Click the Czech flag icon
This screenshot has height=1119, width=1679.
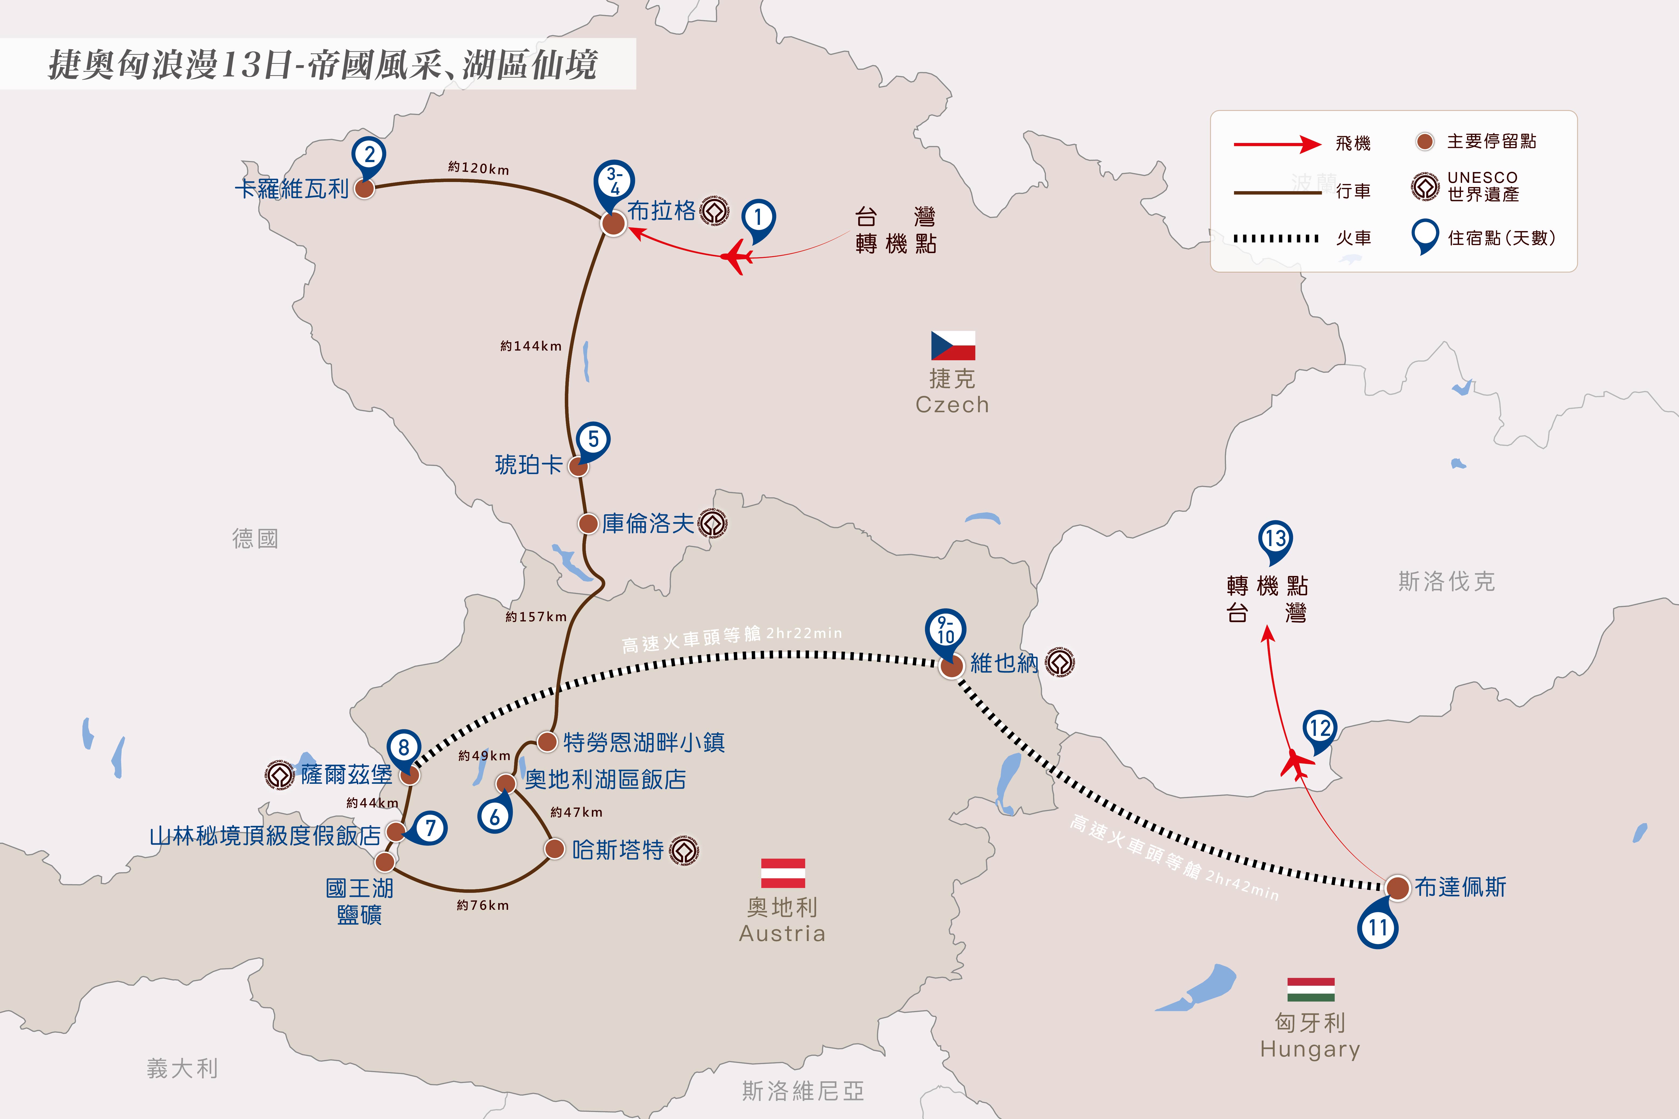click(x=953, y=345)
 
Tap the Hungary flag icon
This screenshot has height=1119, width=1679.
click(x=1311, y=989)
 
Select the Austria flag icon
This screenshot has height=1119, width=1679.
click(x=783, y=873)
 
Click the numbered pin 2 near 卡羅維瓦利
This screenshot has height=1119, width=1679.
click(x=369, y=157)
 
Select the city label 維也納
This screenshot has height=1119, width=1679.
click(x=1004, y=663)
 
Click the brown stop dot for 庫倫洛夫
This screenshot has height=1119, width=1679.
click(x=588, y=524)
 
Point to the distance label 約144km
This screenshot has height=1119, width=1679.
click(x=531, y=346)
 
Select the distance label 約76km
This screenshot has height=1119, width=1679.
click(x=483, y=905)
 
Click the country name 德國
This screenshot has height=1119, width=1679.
click(x=255, y=539)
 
